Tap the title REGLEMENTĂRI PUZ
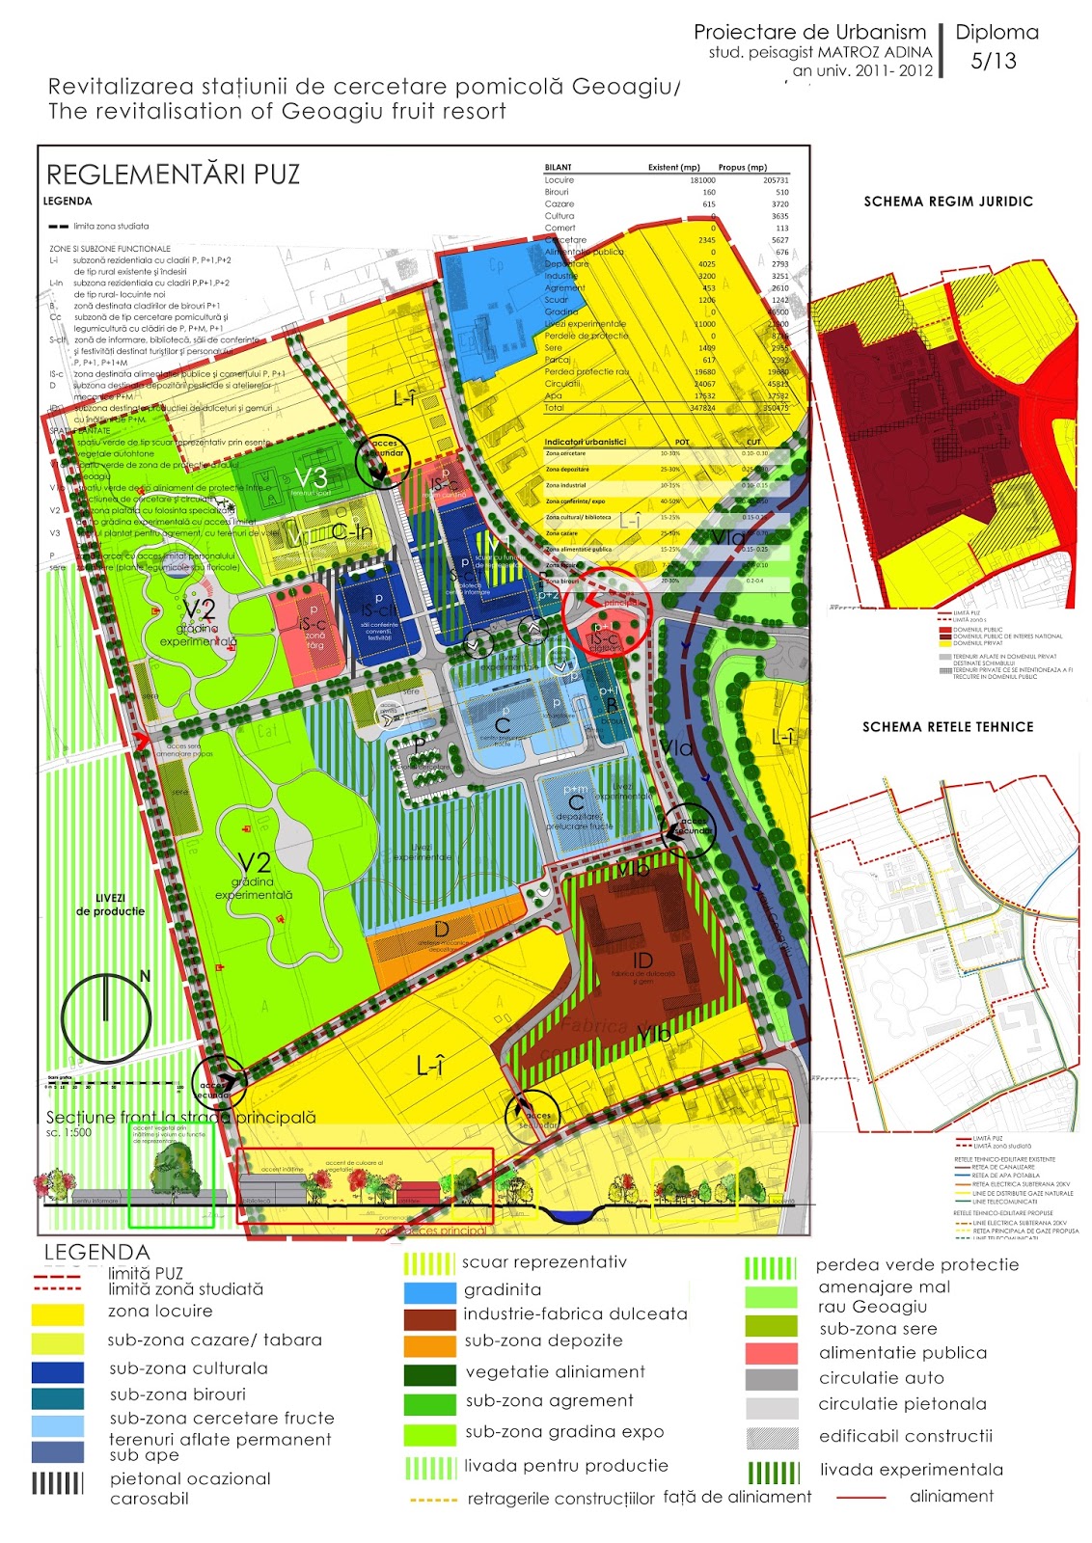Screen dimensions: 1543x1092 pyautogui.click(x=174, y=175)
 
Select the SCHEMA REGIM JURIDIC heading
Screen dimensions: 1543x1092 pyautogui.click(x=947, y=202)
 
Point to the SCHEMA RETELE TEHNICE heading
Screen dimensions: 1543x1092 pyautogui.click(x=947, y=727)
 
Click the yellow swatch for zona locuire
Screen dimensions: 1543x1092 pyautogui.click(x=57, y=1314)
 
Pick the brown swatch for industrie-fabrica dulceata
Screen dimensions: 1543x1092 pyautogui.click(x=429, y=1318)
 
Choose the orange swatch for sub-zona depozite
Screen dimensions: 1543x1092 pyautogui.click(x=429, y=1345)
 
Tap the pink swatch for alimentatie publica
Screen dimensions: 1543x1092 pyautogui.click(x=771, y=1353)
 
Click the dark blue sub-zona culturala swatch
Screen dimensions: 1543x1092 pyautogui.click(x=57, y=1371)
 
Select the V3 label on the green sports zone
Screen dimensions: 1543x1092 pyautogui.click(x=311, y=478)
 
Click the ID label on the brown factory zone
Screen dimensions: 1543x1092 pyautogui.click(x=642, y=961)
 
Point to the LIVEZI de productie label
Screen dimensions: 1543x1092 pyautogui.click(x=110, y=905)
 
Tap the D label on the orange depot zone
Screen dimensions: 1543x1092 pyautogui.click(x=441, y=930)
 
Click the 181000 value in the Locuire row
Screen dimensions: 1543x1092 pyautogui.click(x=701, y=180)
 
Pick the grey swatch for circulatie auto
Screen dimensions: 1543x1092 pyautogui.click(x=771, y=1380)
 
